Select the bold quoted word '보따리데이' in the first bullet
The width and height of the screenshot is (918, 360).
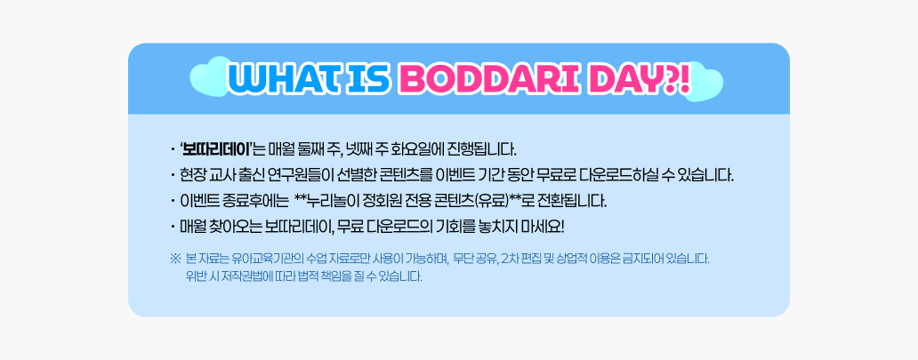coord(216,149)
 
